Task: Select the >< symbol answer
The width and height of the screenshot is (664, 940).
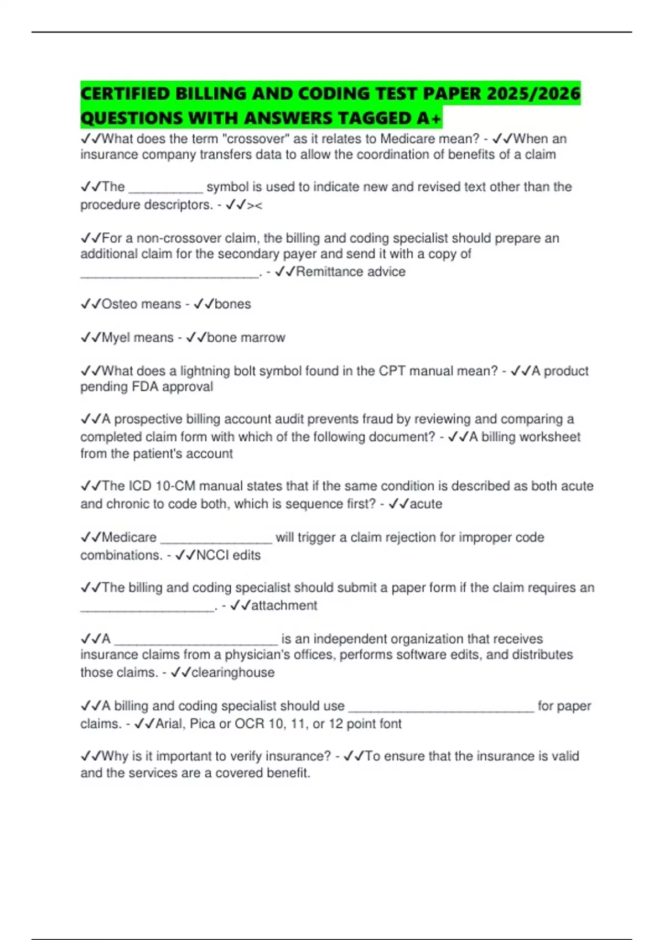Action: click(x=255, y=205)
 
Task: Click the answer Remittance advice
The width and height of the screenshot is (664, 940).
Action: click(x=351, y=271)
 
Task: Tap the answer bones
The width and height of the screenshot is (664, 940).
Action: click(x=233, y=304)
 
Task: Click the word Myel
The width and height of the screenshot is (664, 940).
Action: click(x=117, y=337)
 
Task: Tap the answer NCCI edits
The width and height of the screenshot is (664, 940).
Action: click(x=229, y=555)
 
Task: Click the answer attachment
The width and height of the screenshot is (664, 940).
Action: click(x=284, y=605)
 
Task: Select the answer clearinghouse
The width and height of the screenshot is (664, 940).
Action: click(x=233, y=672)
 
